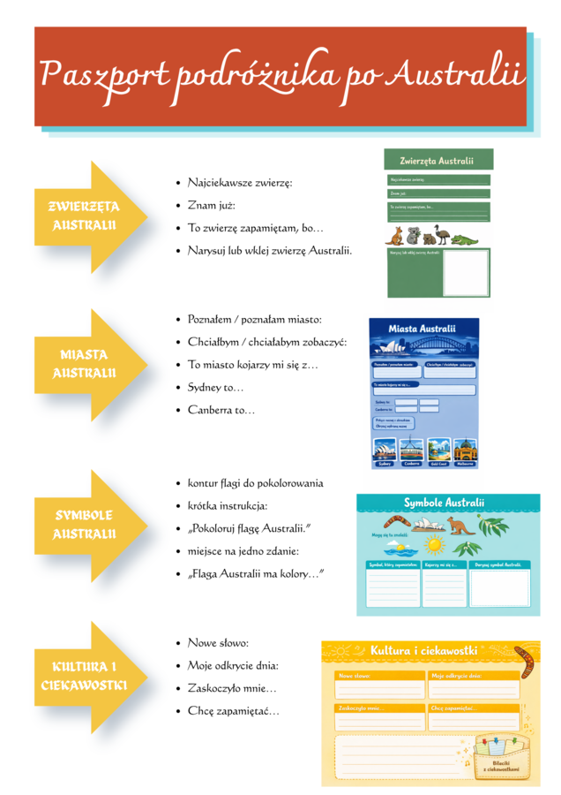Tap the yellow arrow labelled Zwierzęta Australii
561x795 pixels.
(84, 216)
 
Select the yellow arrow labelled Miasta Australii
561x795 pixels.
(84, 364)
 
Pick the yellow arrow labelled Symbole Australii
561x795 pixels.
(84, 525)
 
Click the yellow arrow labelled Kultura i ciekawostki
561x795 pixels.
(84, 677)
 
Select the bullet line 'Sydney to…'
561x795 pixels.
(215, 387)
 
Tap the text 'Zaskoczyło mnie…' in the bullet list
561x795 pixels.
(232, 688)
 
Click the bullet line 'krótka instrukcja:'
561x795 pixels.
(227, 506)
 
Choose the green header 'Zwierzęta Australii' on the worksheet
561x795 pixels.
(437, 161)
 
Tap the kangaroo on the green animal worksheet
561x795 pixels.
(394, 235)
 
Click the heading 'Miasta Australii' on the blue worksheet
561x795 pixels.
(423, 330)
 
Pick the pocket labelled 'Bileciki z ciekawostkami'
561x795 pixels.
(499, 759)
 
